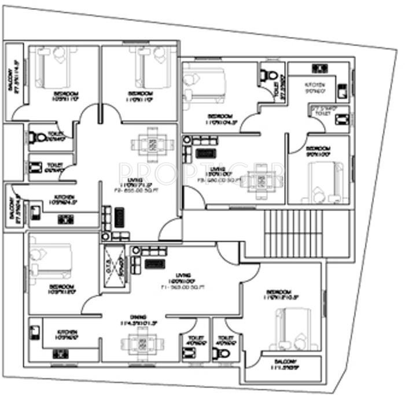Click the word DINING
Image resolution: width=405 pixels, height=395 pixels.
(x=137, y=316)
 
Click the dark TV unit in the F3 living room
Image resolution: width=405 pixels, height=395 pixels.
(x=204, y=154)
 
